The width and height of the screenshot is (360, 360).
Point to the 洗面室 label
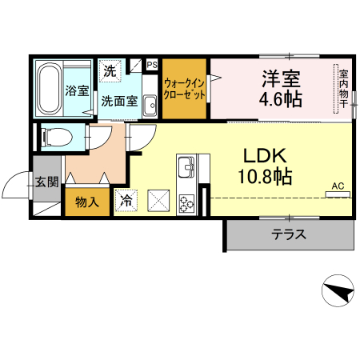tap(118, 102)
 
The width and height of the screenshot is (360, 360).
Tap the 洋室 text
tap(280, 79)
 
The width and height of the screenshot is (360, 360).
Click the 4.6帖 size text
tap(279, 101)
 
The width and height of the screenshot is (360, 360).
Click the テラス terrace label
tap(287, 234)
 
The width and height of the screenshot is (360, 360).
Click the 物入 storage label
tap(86, 203)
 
